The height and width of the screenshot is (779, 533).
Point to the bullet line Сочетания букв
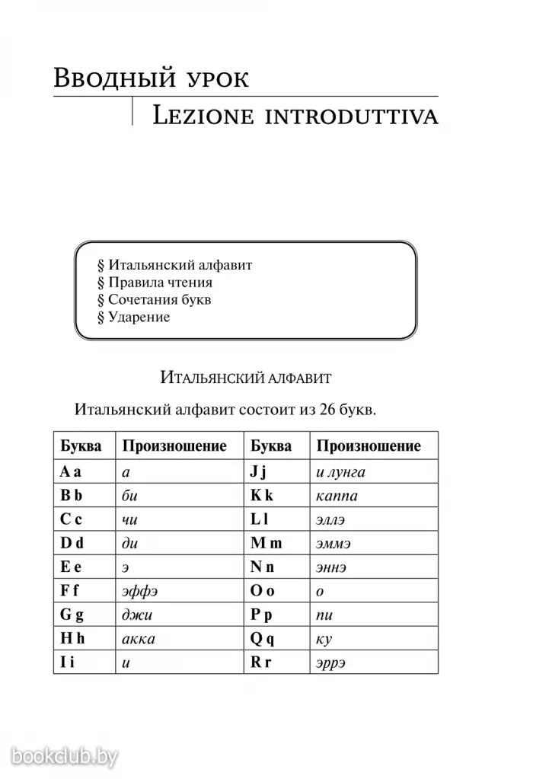154,300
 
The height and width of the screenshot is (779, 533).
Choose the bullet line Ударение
133,318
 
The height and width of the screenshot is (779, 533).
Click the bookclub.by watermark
65,755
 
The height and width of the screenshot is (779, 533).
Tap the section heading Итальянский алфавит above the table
246,376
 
